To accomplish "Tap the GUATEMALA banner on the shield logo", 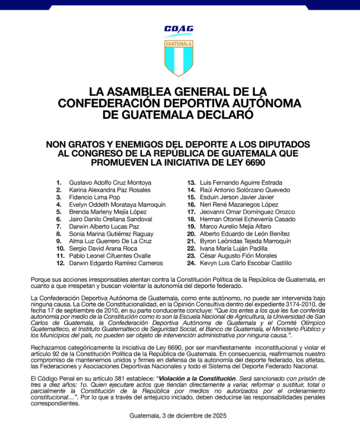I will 179,43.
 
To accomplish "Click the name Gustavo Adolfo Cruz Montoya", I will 110,182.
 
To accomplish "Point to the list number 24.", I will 191,263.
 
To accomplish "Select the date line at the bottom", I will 179,416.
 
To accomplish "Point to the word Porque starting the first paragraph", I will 41,280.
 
